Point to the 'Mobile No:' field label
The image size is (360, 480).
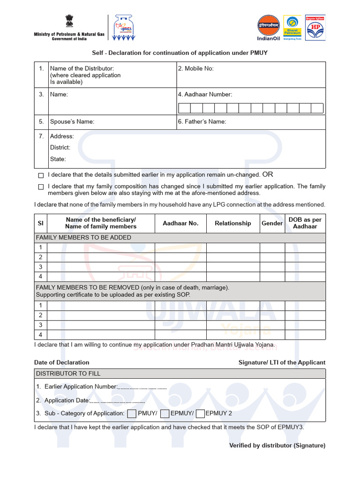(x=195, y=68)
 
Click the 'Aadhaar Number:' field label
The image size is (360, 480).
(x=205, y=94)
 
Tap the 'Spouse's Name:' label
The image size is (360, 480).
(x=72, y=121)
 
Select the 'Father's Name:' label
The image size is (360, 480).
(x=202, y=121)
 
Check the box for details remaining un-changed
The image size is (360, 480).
(x=41, y=175)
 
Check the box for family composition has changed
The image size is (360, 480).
(x=41, y=187)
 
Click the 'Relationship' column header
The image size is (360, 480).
(x=233, y=223)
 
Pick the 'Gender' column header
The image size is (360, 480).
(x=272, y=223)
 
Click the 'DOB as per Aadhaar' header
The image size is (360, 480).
(x=305, y=223)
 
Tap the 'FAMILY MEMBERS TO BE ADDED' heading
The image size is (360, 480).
(x=83, y=238)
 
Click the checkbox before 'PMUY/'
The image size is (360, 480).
(x=132, y=413)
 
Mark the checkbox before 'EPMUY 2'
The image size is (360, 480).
(x=200, y=413)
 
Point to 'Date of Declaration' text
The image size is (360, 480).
(x=61, y=362)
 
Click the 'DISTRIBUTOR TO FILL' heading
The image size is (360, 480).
(x=68, y=374)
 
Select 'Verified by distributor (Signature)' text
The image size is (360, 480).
(x=277, y=445)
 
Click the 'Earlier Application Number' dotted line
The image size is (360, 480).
(x=142, y=388)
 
